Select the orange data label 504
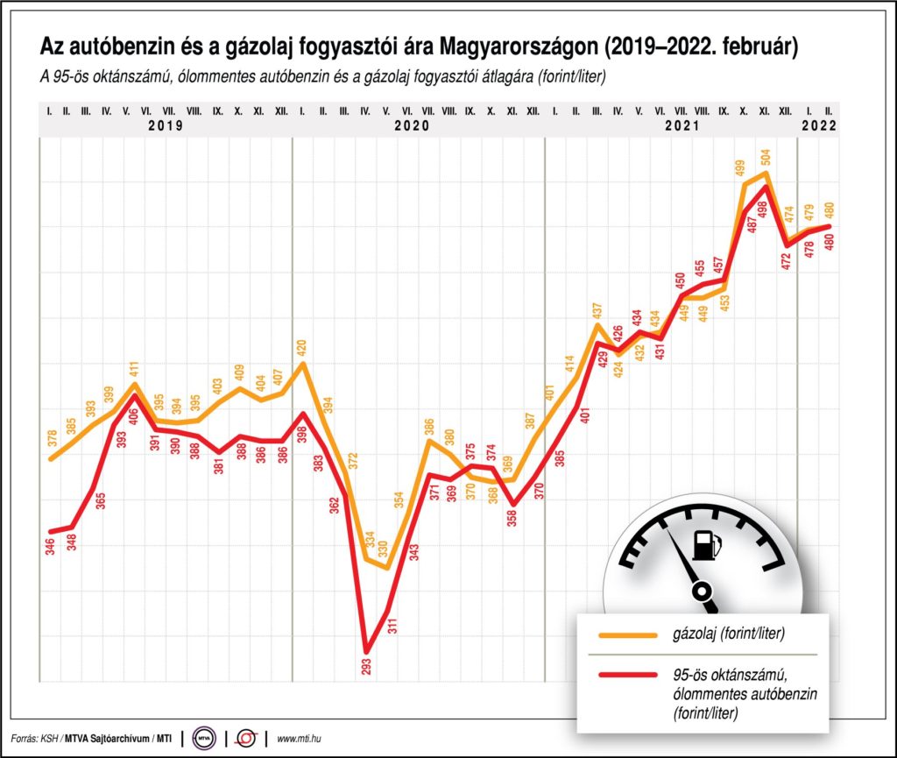(x=766, y=157)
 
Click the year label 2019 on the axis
(x=166, y=125)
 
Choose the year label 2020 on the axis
(x=411, y=125)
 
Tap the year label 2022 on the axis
(x=819, y=125)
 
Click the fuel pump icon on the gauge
(x=706, y=544)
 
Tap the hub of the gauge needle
(x=702, y=593)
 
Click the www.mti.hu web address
(x=302, y=738)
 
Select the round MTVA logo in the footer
(x=204, y=738)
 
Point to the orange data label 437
(x=597, y=312)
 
